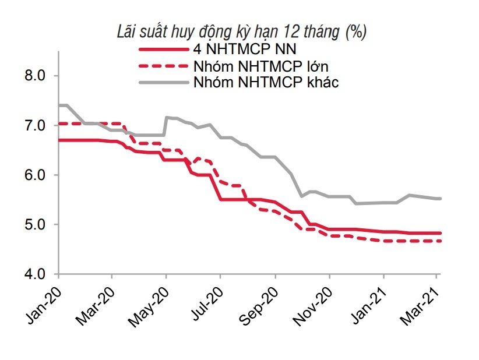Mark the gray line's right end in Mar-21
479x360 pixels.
(440, 199)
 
